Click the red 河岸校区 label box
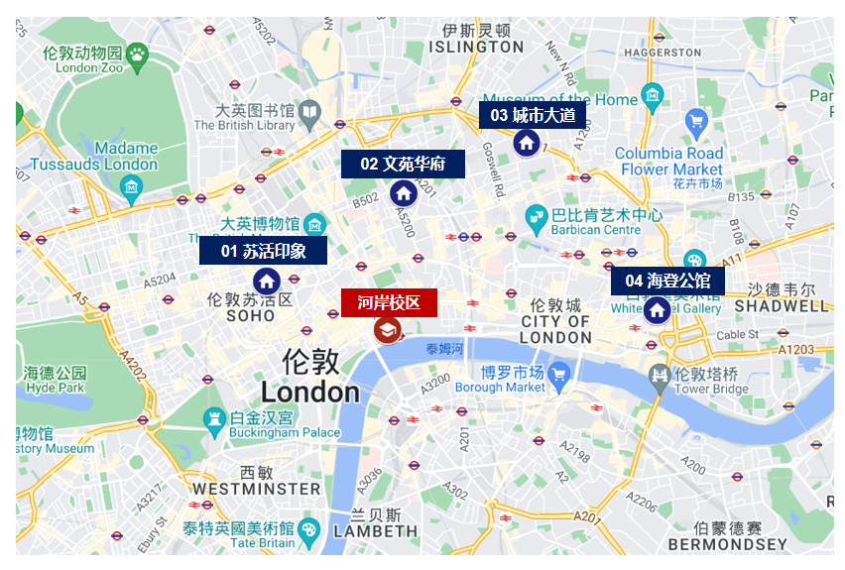(389, 302)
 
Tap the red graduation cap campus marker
(387, 331)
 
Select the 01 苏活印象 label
(263, 251)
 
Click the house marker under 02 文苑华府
(403, 192)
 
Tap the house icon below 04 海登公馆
(656, 310)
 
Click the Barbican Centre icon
(536, 215)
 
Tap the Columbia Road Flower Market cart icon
(696, 122)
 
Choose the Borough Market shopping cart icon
(558, 374)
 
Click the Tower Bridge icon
(659, 375)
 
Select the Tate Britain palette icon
(309, 528)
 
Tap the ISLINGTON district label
(477, 47)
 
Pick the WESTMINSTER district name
(256, 489)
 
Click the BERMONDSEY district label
(727, 543)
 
